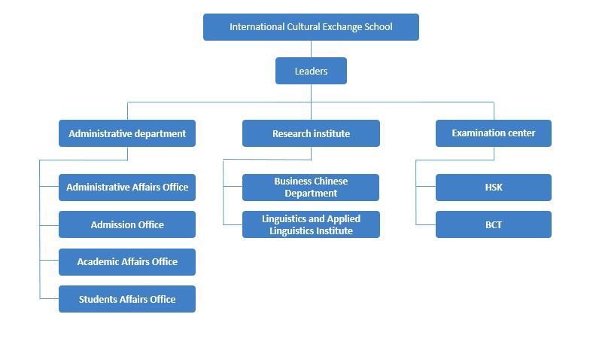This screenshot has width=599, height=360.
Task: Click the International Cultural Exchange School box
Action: coord(311,27)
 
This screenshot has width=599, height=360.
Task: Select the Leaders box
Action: coord(311,71)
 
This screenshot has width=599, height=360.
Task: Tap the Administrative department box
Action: coord(127,133)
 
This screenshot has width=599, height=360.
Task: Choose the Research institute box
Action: coord(311,133)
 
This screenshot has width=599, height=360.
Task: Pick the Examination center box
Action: coord(494,133)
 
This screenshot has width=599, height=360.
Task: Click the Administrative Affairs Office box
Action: coord(127,188)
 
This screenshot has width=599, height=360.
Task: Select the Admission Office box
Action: coord(127,224)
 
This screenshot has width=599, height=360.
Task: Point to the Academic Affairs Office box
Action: coord(127,262)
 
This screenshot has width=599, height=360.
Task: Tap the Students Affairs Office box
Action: coord(127,299)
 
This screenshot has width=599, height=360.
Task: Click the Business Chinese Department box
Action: coord(311,188)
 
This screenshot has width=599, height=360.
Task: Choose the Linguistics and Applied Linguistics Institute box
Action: coord(311,224)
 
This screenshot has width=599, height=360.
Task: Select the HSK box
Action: coord(494,188)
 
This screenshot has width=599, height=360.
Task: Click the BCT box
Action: coord(494,224)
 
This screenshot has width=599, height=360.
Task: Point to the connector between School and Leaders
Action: coord(311,49)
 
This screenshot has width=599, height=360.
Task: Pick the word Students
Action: coord(96,299)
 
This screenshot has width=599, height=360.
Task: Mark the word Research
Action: coord(290,134)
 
